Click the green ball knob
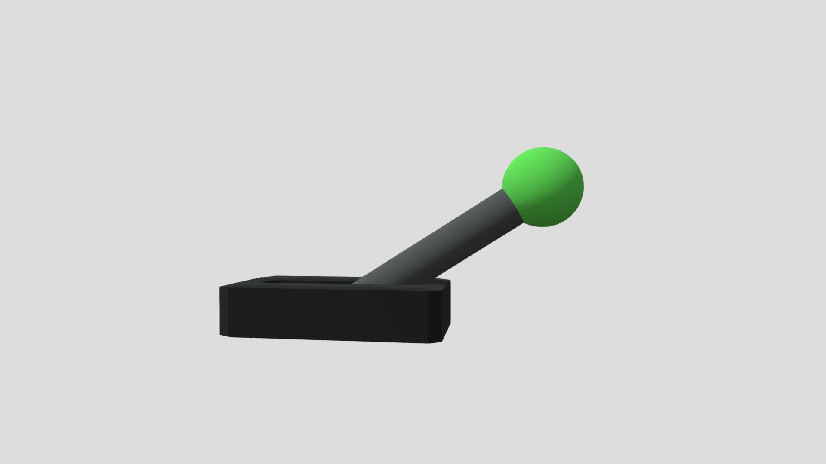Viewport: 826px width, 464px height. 543,187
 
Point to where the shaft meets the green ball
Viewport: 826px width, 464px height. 512,206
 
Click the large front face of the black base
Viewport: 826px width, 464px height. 327,314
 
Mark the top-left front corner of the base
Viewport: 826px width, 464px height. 220,287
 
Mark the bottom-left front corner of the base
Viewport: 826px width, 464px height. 220,335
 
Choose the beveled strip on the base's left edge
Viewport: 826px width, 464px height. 224,311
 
